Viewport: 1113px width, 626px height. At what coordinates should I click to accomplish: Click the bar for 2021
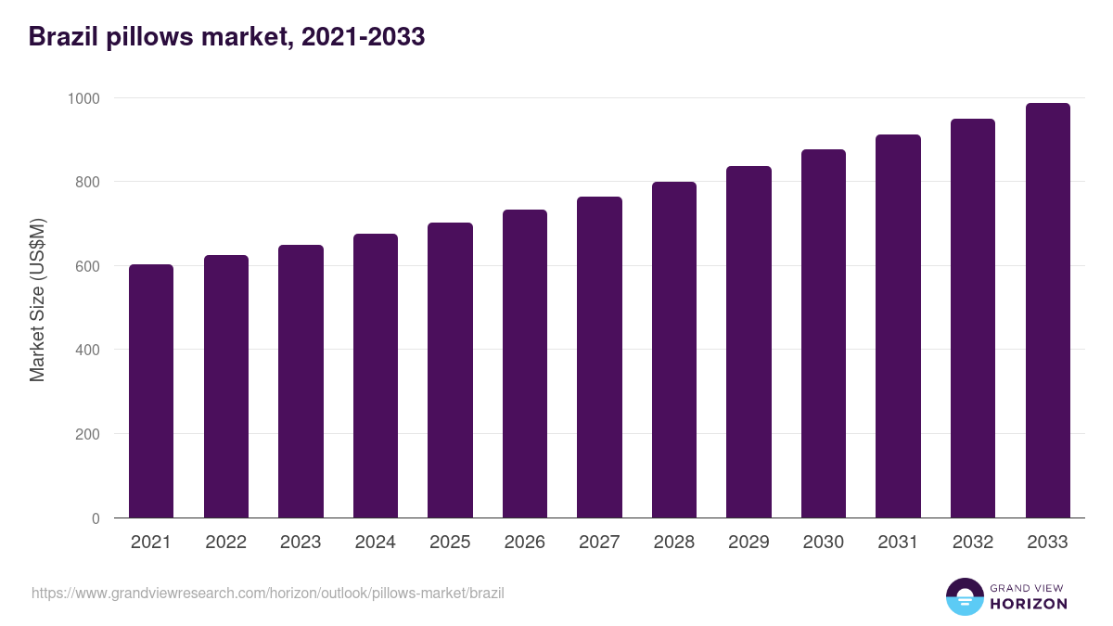pos(151,391)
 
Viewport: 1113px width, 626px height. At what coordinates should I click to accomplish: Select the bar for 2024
pos(376,376)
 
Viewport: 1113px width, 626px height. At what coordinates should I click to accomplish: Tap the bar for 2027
pos(599,357)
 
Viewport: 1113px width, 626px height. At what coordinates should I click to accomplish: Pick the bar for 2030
pos(824,334)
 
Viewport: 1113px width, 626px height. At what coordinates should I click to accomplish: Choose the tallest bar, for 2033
pos(1047,311)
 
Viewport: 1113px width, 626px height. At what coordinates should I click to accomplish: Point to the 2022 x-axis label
pos(225,543)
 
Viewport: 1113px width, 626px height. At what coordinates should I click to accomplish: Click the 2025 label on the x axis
pos(450,543)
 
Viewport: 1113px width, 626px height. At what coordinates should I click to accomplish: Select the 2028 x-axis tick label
pos(674,543)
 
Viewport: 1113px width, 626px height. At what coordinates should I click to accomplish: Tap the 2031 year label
pos(898,543)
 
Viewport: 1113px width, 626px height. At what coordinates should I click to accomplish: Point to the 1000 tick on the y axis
pos(83,98)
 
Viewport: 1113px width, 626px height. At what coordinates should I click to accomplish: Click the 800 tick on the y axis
pos(87,182)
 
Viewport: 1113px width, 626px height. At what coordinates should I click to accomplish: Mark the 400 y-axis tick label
pos(87,351)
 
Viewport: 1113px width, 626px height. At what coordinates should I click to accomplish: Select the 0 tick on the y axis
pos(96,518)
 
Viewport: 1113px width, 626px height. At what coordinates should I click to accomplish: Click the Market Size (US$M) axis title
pos(37,300)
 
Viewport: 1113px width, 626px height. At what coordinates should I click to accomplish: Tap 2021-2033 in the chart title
pos(363,36)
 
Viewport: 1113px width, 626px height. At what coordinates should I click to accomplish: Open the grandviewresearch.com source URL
pos(268,593)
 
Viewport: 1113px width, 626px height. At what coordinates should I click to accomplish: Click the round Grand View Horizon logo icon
pos(964,596)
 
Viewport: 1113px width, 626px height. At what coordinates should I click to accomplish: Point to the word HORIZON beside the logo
pos(1029,604)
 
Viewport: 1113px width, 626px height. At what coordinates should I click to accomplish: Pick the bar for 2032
pos(973,318)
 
